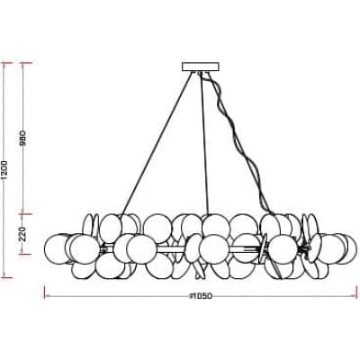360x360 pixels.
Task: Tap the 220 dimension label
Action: tap(23, 234)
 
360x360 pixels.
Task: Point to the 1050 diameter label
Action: tap(201, 296)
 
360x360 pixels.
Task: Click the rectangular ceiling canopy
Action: tap(201, 67)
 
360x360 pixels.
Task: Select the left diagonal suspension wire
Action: tap(157, 143)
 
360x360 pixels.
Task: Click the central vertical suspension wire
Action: tap(204, 144)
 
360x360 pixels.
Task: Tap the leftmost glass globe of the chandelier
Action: tap(57, 249)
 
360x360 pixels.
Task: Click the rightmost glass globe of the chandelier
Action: tap(345, 249)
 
